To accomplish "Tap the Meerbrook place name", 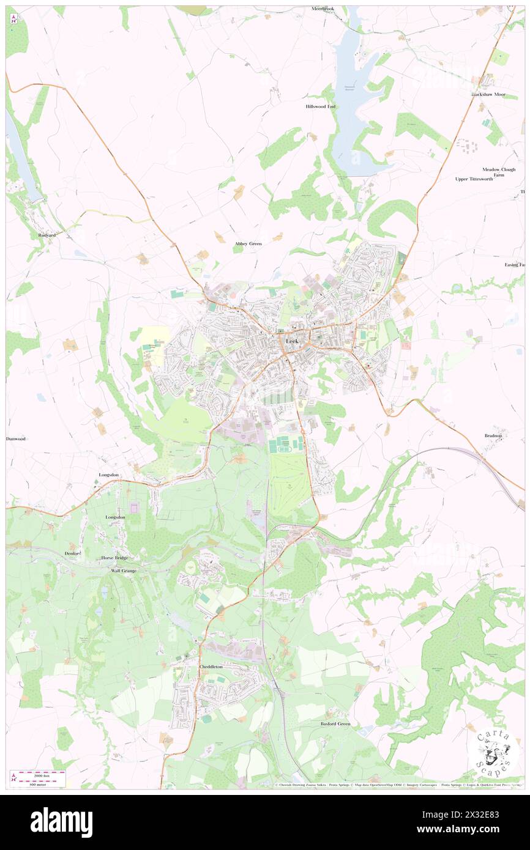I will click(324, 9).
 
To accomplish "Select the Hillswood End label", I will click(321, 106).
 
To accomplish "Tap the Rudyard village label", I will click(47, 234).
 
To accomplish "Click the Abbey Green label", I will click(248, 243).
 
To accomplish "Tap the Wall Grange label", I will click(123, 571).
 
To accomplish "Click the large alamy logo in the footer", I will click(61, 822).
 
